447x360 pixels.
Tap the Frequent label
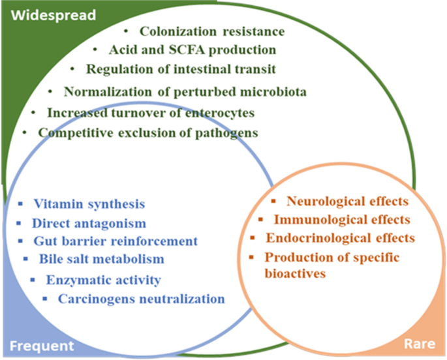(40, 346)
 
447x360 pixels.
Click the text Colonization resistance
(212, 31)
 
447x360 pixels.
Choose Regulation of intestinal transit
(189, 69)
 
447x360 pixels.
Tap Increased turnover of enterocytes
(151, 113)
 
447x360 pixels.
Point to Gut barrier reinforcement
(114, 241)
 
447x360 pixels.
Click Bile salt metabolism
(99, 259)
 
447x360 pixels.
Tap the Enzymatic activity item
(103, 281)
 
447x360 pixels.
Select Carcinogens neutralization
(141, 299)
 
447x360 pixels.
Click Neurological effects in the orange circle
(347, 202)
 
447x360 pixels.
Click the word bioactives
(295, 273)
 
